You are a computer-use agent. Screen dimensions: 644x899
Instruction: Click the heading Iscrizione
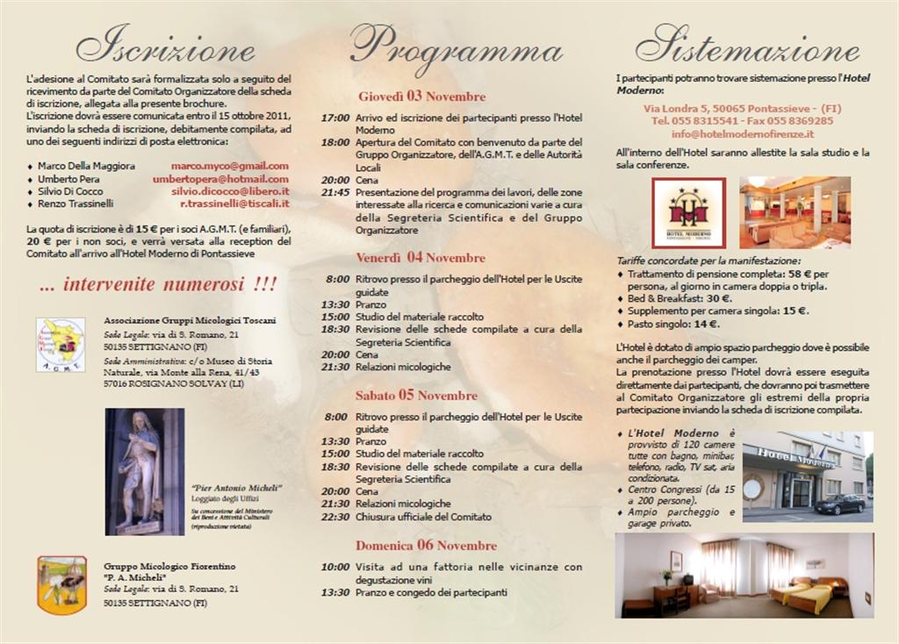tap(166, 45)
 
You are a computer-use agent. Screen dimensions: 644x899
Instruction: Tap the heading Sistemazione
tap(746, 45)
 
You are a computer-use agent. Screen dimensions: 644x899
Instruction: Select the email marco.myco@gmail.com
tap(229, 166)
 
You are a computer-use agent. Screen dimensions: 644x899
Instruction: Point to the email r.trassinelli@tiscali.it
tap(234, 204)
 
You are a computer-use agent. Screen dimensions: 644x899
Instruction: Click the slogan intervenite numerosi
tap(158, 284)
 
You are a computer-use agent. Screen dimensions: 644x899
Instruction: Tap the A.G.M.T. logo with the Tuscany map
tap(61, 345)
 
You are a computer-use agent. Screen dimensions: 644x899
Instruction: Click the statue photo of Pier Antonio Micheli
tap(145, 471)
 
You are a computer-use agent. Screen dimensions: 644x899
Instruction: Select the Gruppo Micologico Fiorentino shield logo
tap(61, 584)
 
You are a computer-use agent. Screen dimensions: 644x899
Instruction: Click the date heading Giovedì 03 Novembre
tap(421, 97)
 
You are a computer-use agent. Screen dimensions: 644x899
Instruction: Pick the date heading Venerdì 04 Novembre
tap(421, 258)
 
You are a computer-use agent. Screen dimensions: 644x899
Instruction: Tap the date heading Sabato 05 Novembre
tap(416, 396)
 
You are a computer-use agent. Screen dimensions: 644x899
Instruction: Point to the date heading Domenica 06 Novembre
tap(427, 546)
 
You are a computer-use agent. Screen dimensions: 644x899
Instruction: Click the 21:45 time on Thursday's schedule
tap(335, 192)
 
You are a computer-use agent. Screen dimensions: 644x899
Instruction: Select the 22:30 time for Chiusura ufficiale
tap(335, 517)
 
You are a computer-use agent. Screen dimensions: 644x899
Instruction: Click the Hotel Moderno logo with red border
tap(688, 213)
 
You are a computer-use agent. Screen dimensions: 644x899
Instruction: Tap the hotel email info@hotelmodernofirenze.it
tap(742, 134)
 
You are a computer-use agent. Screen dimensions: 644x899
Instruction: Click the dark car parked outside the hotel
tap(839, 504)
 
